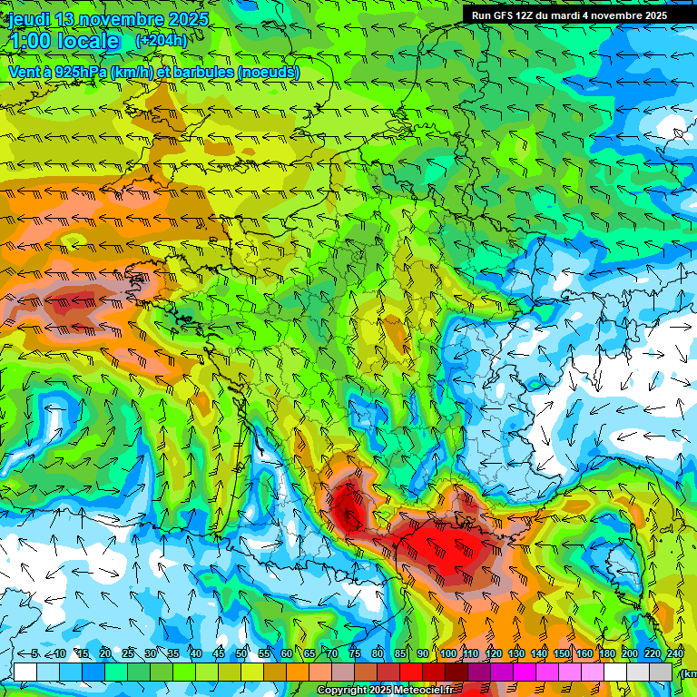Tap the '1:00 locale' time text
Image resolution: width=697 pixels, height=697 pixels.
tap(65, 41)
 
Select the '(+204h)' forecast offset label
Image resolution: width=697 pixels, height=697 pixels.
tap(161, 40)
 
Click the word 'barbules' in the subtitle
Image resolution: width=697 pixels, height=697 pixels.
tap(194, 72)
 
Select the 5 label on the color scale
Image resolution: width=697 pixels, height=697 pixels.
tap(34, 654)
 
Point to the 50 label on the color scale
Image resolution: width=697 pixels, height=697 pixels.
tap(241, 654)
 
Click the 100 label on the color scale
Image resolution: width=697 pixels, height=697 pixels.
tap(447, 654)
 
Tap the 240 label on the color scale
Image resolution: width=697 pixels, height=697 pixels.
tap(674, 654)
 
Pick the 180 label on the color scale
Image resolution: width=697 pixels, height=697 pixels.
tap(606, 654)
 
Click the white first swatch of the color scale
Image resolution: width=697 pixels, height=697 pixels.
tap(25, 672)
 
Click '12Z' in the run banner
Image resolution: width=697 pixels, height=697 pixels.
tap(527, 15)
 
